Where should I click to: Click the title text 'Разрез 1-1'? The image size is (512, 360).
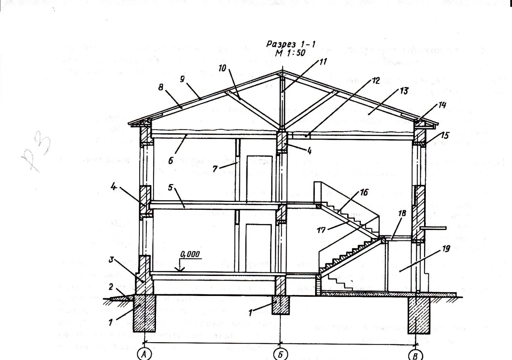(291, 44)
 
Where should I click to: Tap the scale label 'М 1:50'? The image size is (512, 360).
(290, 53)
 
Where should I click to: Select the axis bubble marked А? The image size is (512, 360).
(144, 355)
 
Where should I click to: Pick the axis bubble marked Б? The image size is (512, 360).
(280, 355)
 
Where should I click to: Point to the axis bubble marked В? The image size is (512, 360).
(415, 355)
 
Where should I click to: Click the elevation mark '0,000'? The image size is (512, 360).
(190, 254)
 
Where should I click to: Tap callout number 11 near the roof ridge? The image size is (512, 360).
(323, 61)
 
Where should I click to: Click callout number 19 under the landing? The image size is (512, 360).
(446, 249)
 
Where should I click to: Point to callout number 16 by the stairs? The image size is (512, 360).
(364, 193)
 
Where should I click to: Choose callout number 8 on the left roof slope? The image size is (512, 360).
(161, 87)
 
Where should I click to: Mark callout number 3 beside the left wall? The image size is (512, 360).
(111, 260)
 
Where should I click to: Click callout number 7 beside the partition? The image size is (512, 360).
(215, 169)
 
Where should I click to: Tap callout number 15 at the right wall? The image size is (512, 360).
(445, 135)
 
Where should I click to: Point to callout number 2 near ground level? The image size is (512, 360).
(111, 286)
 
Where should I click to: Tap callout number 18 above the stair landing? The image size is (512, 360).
(402, 213)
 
